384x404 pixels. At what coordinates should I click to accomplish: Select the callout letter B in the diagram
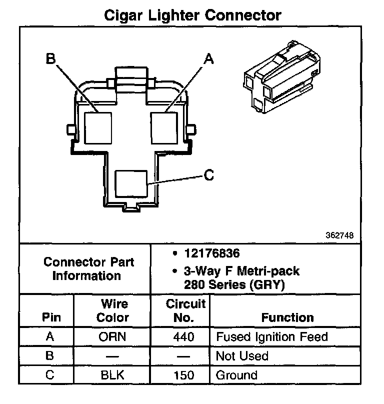[51, 59]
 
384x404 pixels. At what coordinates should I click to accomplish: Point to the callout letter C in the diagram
[209, 175]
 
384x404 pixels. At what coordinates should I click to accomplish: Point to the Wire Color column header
[112, 310]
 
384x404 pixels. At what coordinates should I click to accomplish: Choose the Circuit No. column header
[185, 310]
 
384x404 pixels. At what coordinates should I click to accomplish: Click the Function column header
[287, 317]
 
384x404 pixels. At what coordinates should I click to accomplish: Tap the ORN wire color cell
[112, 337]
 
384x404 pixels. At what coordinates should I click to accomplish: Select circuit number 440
[183, 337]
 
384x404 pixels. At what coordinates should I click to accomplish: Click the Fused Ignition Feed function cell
[271, 337]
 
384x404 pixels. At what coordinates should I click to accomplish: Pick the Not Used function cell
[242, 356]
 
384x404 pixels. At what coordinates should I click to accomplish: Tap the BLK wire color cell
[112, 375]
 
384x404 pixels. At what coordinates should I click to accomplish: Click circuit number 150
[183, 375]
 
